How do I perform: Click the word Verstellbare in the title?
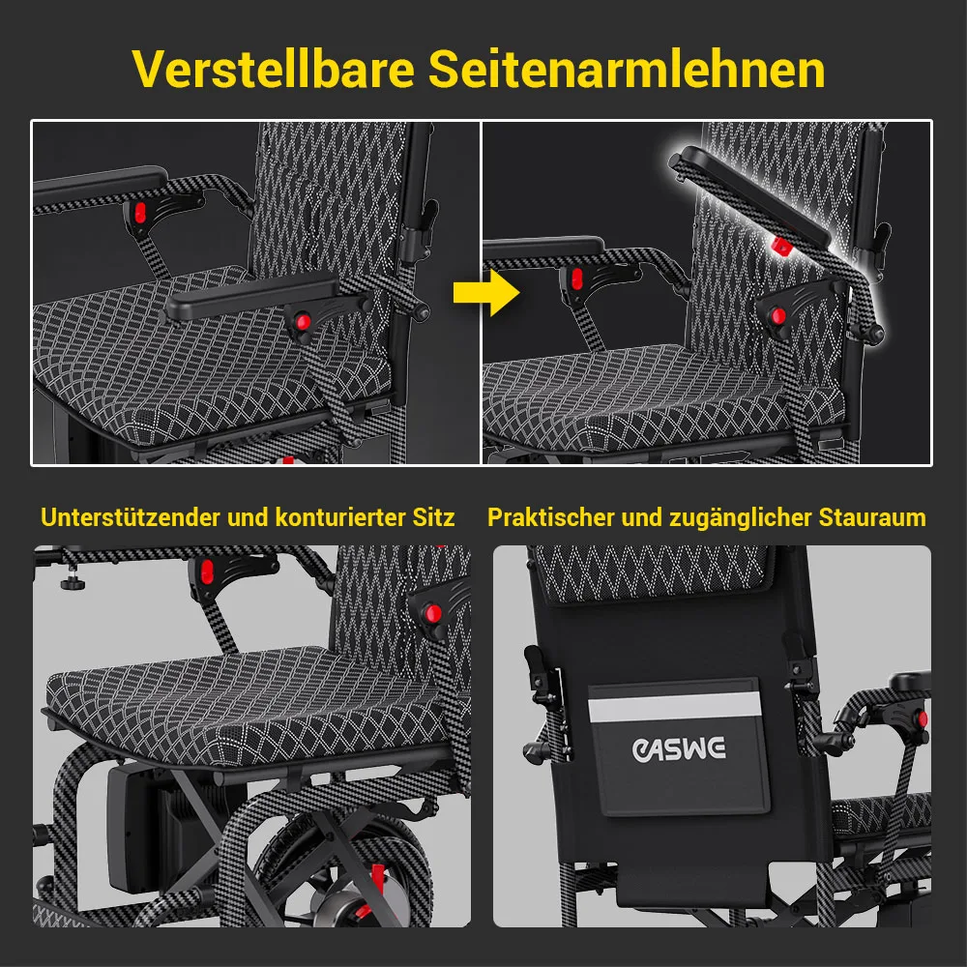[273, 69]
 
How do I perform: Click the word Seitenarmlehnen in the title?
[627, 69]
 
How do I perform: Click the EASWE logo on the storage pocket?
[679, 748]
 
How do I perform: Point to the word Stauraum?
[872, 516]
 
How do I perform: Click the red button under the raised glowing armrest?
[781, 246]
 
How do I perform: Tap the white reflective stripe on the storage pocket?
[675, 708]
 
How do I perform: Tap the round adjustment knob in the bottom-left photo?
[70, 582]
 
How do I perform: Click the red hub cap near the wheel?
[377, 876]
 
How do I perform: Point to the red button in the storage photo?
[923, 719]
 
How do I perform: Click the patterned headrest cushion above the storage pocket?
[651, 572]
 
